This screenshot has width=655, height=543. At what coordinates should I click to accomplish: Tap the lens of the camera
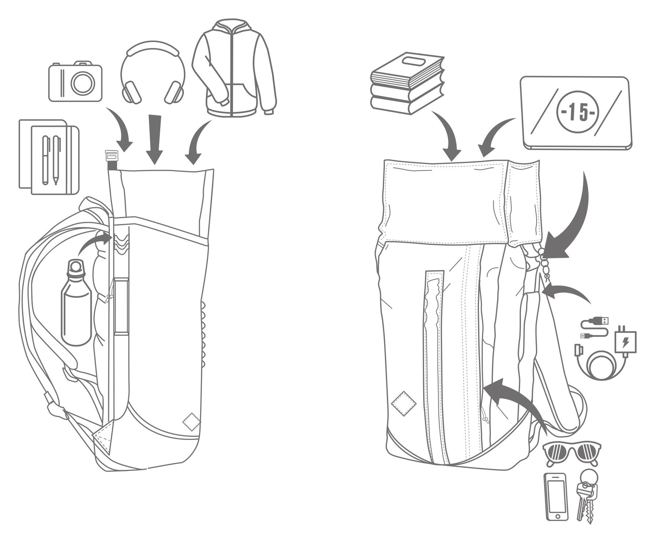pyautogui.click(x=82, y=83)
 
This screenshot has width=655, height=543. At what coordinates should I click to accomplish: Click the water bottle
pyautogui.click(x=76, y=303)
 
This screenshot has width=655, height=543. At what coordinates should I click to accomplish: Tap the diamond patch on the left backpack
pyautogui.click(x=191, y=422)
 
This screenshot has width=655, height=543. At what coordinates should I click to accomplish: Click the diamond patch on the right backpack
pyautogui.click(x=404, y=403)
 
